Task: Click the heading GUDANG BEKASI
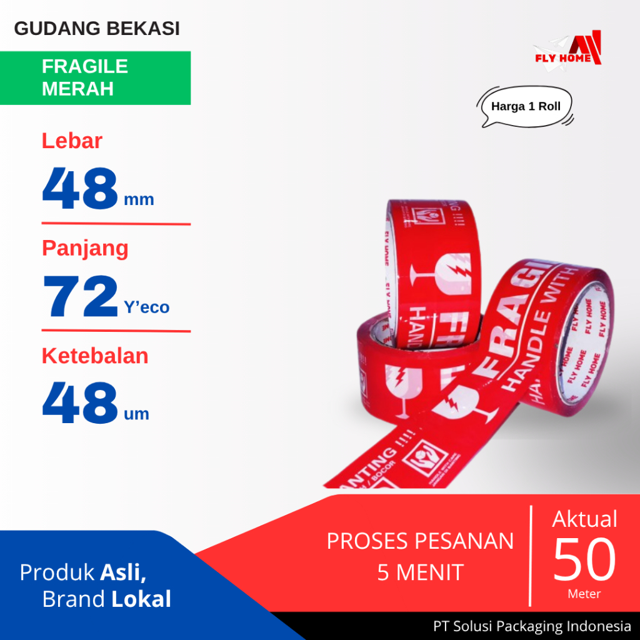97,29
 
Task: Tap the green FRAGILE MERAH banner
95,77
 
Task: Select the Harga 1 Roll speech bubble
526,106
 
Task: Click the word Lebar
72,141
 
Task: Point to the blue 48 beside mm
80,189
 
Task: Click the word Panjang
85,248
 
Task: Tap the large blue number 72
80,297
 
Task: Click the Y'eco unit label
146,307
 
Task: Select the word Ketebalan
95,356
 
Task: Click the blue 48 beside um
80,403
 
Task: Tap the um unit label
136,414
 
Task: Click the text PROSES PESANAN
420,541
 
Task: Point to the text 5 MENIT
420,572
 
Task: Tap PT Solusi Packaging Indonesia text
532,626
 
